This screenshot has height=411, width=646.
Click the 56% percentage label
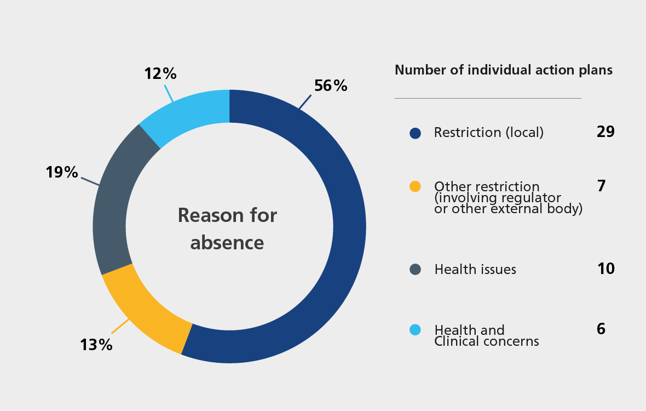(331, 85)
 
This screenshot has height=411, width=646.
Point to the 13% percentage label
(96, 345)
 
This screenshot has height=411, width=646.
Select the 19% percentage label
(62, 173)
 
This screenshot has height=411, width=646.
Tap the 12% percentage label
(160, 73)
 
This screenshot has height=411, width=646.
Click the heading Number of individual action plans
(503, 70)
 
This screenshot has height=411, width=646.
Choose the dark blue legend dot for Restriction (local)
(415, 133)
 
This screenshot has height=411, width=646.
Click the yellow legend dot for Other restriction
(415, 186)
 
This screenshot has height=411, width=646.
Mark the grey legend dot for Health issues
(415, 269)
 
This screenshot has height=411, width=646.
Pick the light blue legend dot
(415, 330)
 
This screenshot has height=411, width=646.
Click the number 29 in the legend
(605, 132)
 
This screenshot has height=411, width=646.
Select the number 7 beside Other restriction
(601, 186)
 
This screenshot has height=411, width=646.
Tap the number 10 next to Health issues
(605, 269)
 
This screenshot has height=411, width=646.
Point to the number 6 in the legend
(601, 329)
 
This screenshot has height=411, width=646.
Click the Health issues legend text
(475, 270)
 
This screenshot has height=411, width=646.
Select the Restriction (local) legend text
(488, 133)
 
